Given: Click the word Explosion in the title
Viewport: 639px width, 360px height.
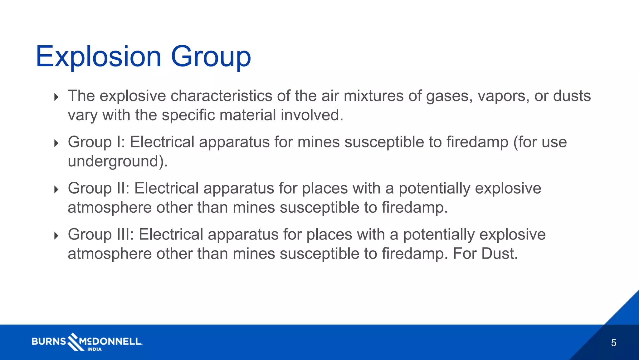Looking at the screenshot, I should [98, 57].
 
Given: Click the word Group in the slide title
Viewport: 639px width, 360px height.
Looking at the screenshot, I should [211, 57].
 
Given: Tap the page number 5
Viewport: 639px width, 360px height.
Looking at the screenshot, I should [613, 343].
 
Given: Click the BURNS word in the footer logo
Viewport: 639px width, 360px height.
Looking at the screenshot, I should [49, 341].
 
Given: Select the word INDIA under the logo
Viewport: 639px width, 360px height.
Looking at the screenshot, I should [94, 349].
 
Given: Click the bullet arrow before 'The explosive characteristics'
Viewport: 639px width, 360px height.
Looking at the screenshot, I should [56, 97].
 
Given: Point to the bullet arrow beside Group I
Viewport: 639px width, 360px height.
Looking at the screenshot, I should [56, 143].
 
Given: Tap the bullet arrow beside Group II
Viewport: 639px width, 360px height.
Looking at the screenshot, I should [56, 189].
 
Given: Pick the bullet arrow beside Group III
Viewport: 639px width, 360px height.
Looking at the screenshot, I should [56, 235].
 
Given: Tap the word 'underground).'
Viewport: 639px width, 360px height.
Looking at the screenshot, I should [118, 161].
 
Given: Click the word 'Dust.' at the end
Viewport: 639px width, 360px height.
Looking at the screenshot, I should [499, 253].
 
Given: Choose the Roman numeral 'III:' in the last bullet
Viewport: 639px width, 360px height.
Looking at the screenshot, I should [125, 234].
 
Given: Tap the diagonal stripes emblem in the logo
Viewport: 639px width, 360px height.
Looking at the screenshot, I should [74, 341].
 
